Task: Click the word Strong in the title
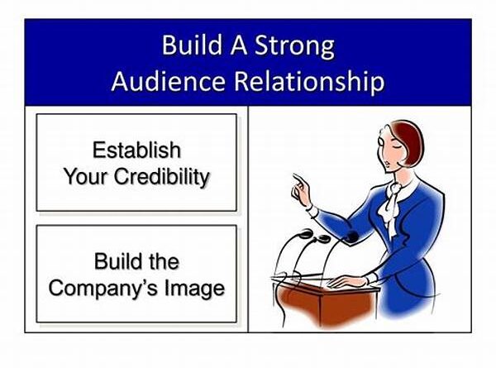coord(294,46)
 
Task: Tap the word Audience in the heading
coord(168,81)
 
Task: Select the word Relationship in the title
coord(309,82)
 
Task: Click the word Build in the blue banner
coord(192,45)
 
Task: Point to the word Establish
coord(136,150)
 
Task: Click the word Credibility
coord(162,177)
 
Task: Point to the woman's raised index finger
coord(298,179)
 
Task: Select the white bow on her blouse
coord(392,206)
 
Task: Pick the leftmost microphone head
coord(305,234)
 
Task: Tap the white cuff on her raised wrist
coord(312,212)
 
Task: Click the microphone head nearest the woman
coord(351,237)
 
